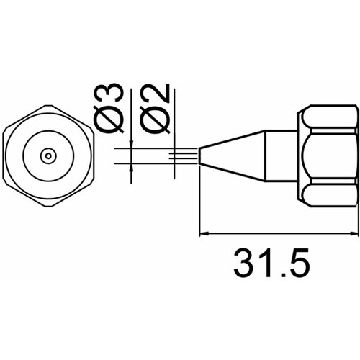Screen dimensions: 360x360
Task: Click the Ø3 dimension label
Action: pos(109,109)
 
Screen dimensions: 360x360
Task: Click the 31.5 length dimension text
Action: pos(271,263)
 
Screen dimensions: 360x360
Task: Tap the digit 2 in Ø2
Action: pos(157,94)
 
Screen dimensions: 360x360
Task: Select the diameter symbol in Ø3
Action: pos(109,120)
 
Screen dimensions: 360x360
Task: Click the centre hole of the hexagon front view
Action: pos(48,156)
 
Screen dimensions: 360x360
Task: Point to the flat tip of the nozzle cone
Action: pos(199,156)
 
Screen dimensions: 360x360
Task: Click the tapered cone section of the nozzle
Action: pos(232,156)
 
